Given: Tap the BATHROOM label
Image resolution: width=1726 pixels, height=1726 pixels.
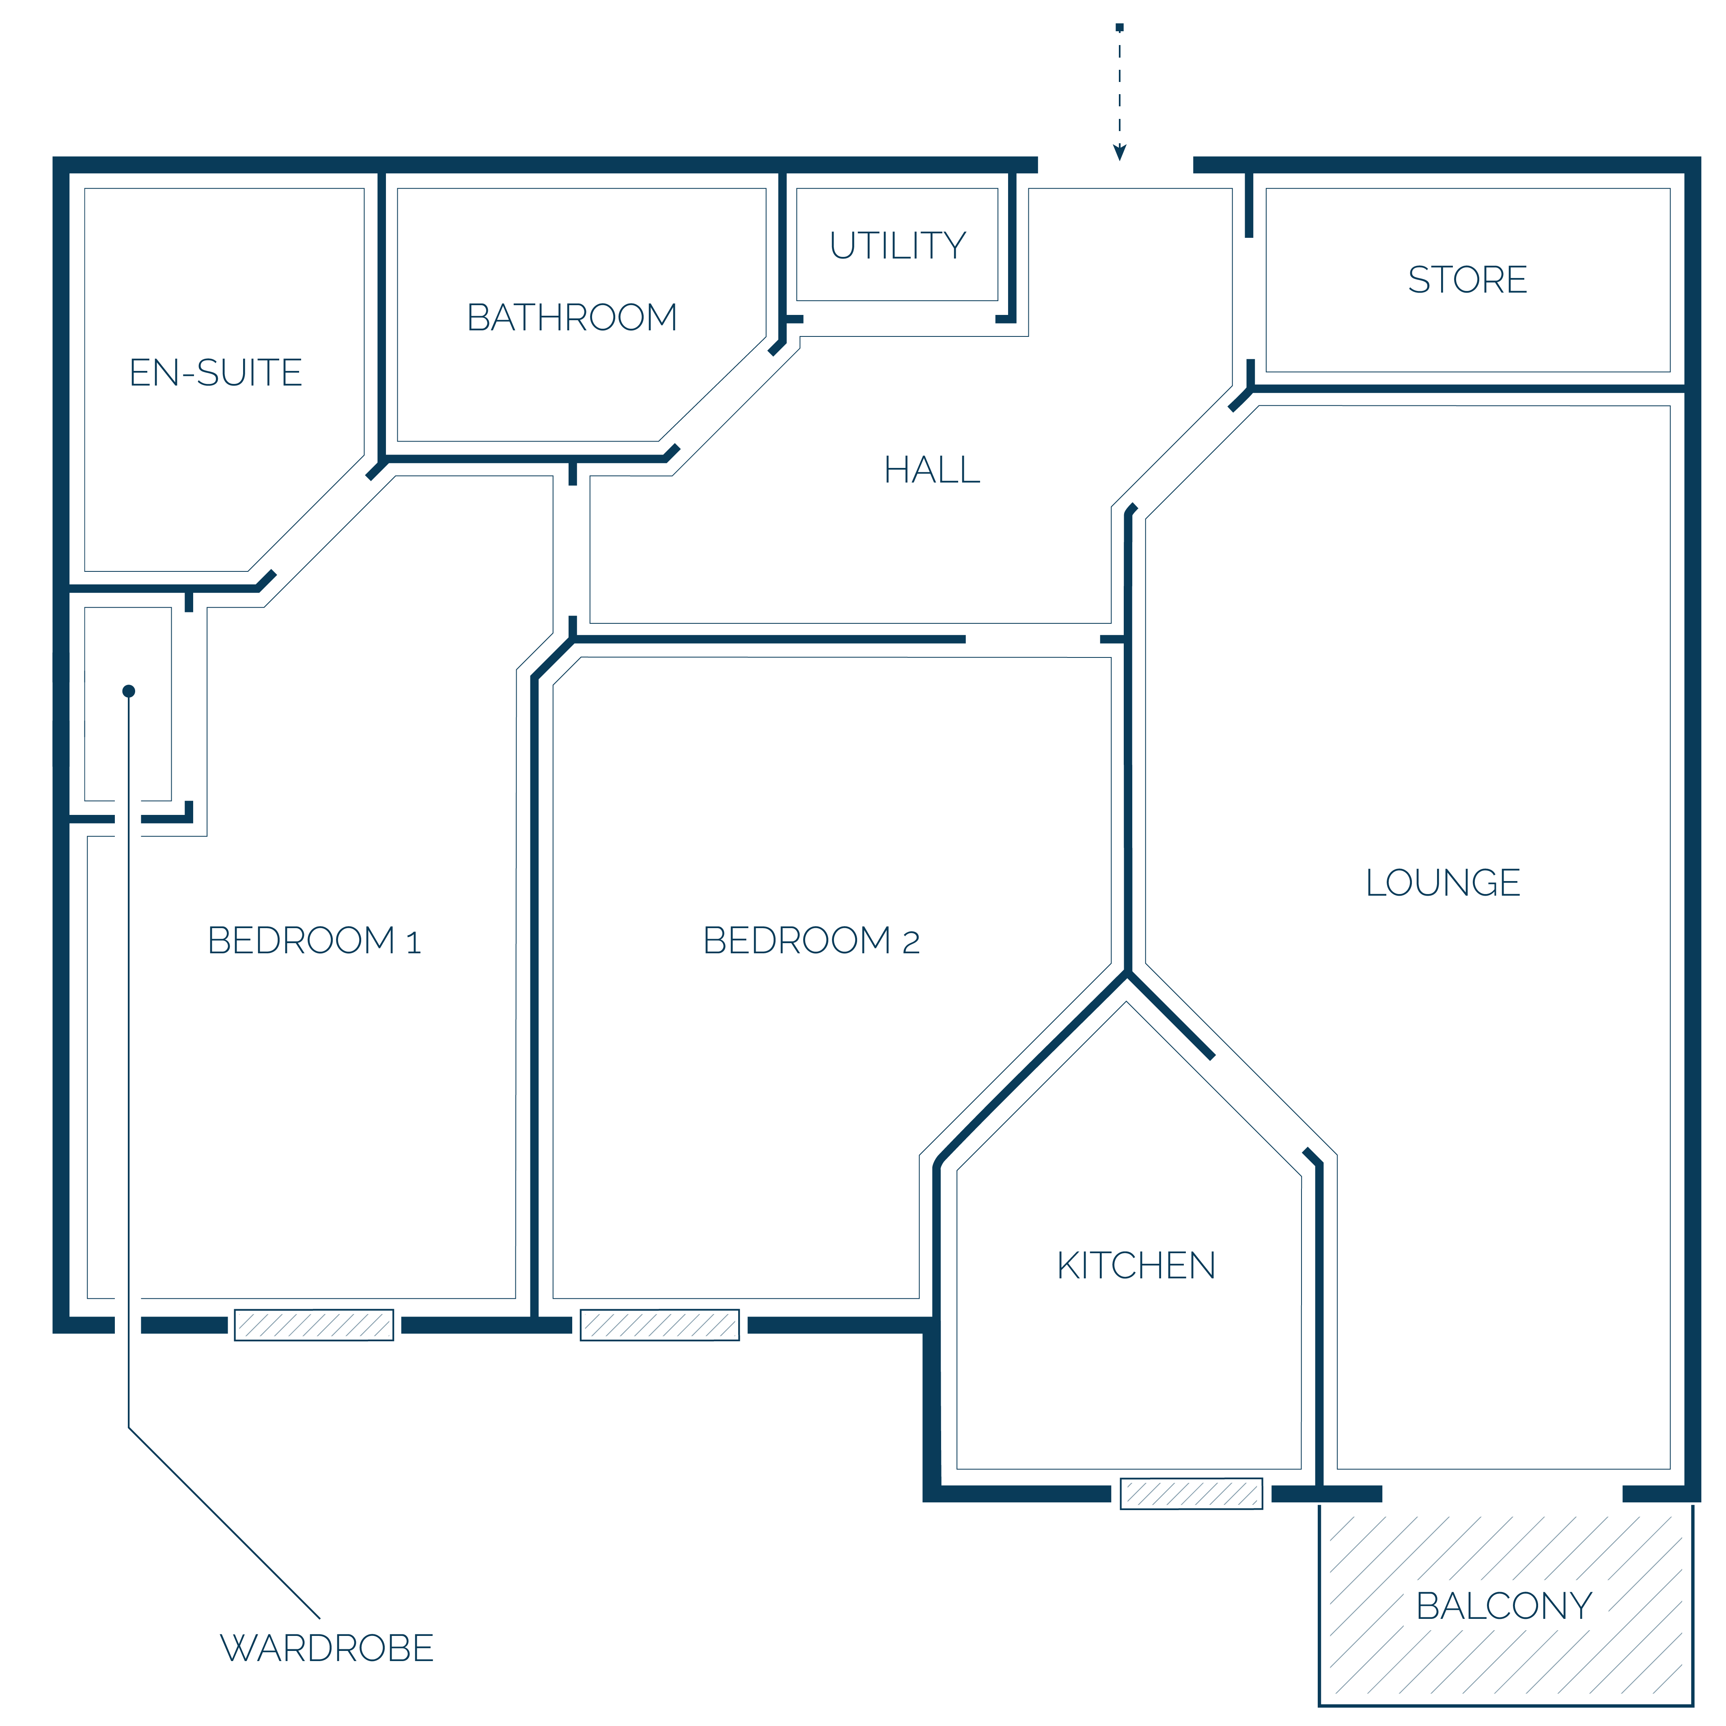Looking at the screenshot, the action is (572, 317).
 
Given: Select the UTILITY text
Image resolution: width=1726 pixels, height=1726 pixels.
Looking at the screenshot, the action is (898, 246).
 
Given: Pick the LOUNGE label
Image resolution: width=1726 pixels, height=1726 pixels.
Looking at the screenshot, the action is (1443, 883).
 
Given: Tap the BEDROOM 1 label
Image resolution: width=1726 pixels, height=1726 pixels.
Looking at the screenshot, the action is (314, 941).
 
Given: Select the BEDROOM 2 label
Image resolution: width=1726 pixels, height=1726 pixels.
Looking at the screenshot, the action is (811, 941).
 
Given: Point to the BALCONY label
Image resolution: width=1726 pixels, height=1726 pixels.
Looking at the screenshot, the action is (1504, 1606).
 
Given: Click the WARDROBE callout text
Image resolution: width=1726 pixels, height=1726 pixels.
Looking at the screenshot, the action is (327, 1648).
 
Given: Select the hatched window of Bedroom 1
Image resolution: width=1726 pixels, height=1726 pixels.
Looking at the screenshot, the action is (314, 1325).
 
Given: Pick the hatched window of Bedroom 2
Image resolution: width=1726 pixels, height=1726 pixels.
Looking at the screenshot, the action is (659, 1325).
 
